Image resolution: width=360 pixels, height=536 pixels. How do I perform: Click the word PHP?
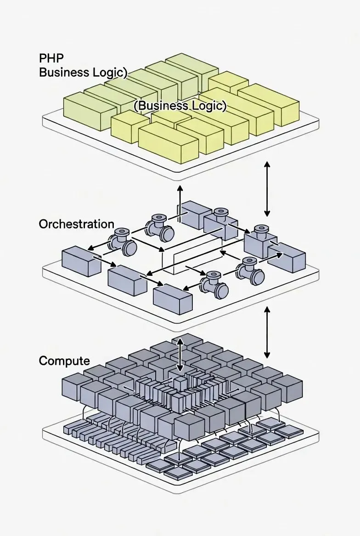(51, 59)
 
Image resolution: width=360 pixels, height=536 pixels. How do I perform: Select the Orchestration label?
(76, 224)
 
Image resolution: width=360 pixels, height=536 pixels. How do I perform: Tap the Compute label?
(64, 361)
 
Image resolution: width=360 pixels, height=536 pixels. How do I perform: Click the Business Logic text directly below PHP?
(83, 73)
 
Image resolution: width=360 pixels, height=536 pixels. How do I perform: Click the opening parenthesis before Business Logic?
(136, 106)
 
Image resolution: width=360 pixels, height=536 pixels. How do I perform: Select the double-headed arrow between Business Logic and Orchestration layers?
(267, 189)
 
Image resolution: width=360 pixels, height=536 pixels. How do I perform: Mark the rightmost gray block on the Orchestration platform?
(287, 259)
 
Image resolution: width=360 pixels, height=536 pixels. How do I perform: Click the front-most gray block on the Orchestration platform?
(172, 298)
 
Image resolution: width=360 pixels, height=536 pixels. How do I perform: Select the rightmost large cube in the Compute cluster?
(287, 388)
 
